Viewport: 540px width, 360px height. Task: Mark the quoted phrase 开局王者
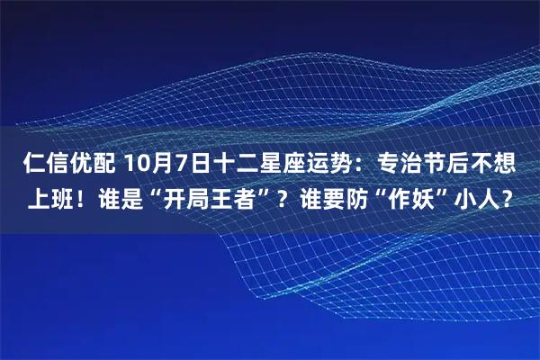tap(216, 198)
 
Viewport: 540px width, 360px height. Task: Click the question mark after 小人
tap(514, 198)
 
